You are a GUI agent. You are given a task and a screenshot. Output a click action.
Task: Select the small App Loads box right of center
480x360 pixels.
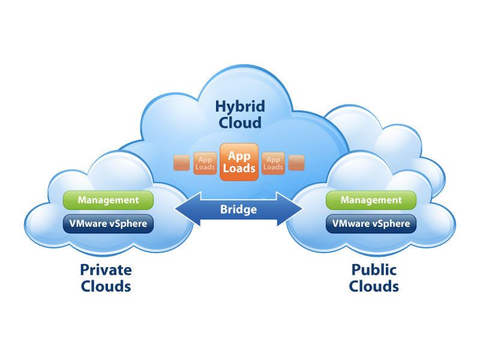click(x=274, y=163)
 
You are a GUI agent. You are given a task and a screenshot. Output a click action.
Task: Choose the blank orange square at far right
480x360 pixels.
click(x=296, y=163)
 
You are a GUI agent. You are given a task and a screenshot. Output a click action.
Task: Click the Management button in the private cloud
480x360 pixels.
click(x=108, y=200)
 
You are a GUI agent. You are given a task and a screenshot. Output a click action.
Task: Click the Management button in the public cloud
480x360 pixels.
click(x=371, y=200)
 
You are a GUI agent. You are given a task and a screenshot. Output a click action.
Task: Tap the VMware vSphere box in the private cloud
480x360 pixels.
click(x=108, y=224)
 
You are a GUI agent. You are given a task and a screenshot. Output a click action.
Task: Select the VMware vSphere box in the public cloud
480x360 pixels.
click(x=371, y=224)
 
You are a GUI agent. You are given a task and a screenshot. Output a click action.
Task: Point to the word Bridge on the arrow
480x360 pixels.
click(x=238, y=210)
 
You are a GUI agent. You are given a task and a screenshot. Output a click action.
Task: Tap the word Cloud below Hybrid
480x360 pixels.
click(x=240, y=124)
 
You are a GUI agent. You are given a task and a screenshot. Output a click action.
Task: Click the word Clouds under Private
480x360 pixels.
click(x=106, y=286)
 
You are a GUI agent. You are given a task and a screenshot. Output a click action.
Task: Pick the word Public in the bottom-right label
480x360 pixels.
click(x=374, y=270)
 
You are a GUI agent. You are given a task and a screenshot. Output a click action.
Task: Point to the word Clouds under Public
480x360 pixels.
click(x=374, y=286)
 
